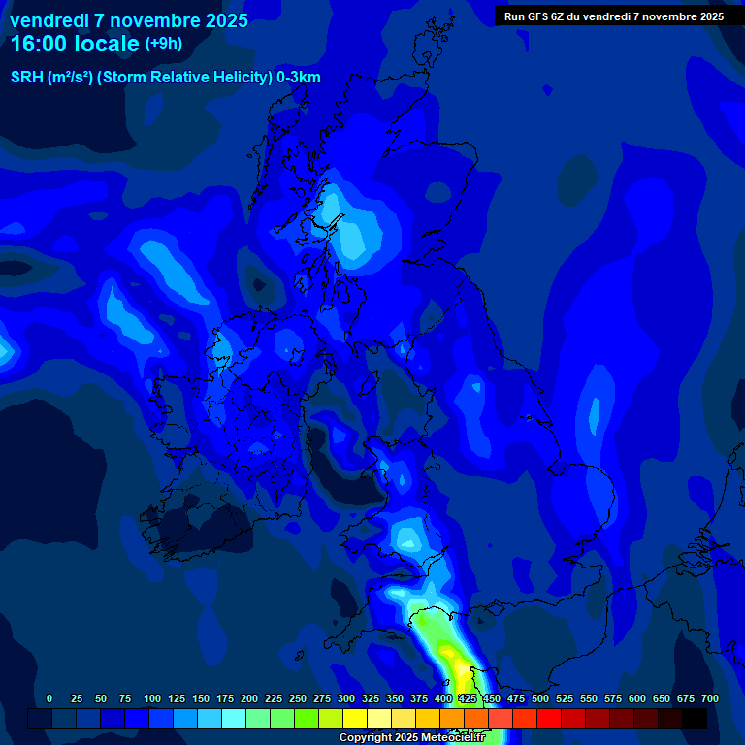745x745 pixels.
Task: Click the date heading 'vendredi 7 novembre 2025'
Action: tap(128, 20)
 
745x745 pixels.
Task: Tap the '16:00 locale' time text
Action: tap(74, 44)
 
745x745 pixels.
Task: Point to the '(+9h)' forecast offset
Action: tap(164, 44)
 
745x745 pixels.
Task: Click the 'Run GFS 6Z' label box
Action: tap(614, 16)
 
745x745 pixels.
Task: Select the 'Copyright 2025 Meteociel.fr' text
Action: tap(411, 738)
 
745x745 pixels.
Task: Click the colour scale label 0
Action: tap(49, 698)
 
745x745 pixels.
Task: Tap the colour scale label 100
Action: tap(152, 698)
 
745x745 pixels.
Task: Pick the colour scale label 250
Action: tap(298, 698)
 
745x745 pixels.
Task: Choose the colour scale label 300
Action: tap(346, 698)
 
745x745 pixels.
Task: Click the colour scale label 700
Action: tap(709, 698)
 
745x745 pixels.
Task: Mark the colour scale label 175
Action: tap(225, 698)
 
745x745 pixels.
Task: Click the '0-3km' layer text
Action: tap(298, 78)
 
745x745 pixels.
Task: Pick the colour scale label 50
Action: tap(101, 698)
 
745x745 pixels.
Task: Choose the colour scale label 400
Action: tap(443, 698)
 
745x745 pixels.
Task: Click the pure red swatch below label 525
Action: tap(549, 718)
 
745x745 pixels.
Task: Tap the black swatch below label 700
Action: tap(695, 718)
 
